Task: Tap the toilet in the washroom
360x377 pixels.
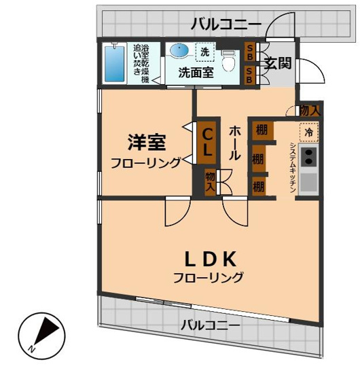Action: click(x=229, y=62)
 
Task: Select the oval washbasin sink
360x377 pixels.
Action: click(x=180, y=51)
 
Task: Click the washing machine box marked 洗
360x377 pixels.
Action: click(x=204, y=52)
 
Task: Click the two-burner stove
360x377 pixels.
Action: click(x=308, y=157)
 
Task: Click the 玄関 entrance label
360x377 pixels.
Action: click(x=278, y=64)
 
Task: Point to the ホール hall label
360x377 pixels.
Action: click(x=234, y=141)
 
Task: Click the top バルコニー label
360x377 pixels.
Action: click(x=226, y=24)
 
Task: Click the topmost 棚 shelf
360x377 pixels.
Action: click(x=259, y=128)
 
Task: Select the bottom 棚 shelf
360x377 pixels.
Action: click(x=258, y=185)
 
